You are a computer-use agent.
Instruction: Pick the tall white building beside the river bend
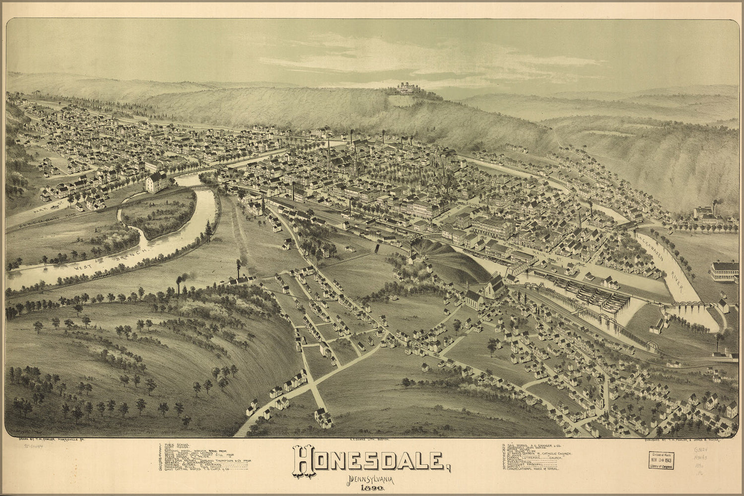tap(156, 182)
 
